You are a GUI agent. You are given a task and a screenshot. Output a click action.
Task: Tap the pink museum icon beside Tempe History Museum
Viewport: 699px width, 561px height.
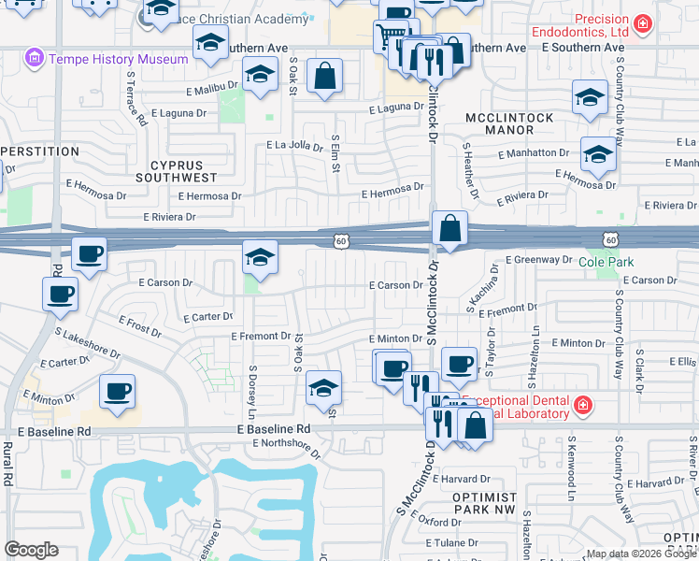[36, 59]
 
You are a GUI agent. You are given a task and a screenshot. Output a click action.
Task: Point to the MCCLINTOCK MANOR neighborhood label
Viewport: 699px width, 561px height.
[508, 123]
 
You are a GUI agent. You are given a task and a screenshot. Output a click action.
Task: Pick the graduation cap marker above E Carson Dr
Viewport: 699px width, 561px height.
[260, 257]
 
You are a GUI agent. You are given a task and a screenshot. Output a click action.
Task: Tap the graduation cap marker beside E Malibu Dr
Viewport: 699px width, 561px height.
[260, 73]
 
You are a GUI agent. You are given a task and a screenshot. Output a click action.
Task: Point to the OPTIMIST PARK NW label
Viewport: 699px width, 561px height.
[483, 504]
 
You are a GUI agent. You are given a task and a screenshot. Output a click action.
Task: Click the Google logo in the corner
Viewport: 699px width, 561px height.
[31, 550]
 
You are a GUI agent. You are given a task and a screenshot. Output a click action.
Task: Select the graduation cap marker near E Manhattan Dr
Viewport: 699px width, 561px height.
[598, 153]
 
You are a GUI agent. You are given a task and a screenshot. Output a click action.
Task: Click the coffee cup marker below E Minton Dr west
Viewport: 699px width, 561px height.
[118, 390]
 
